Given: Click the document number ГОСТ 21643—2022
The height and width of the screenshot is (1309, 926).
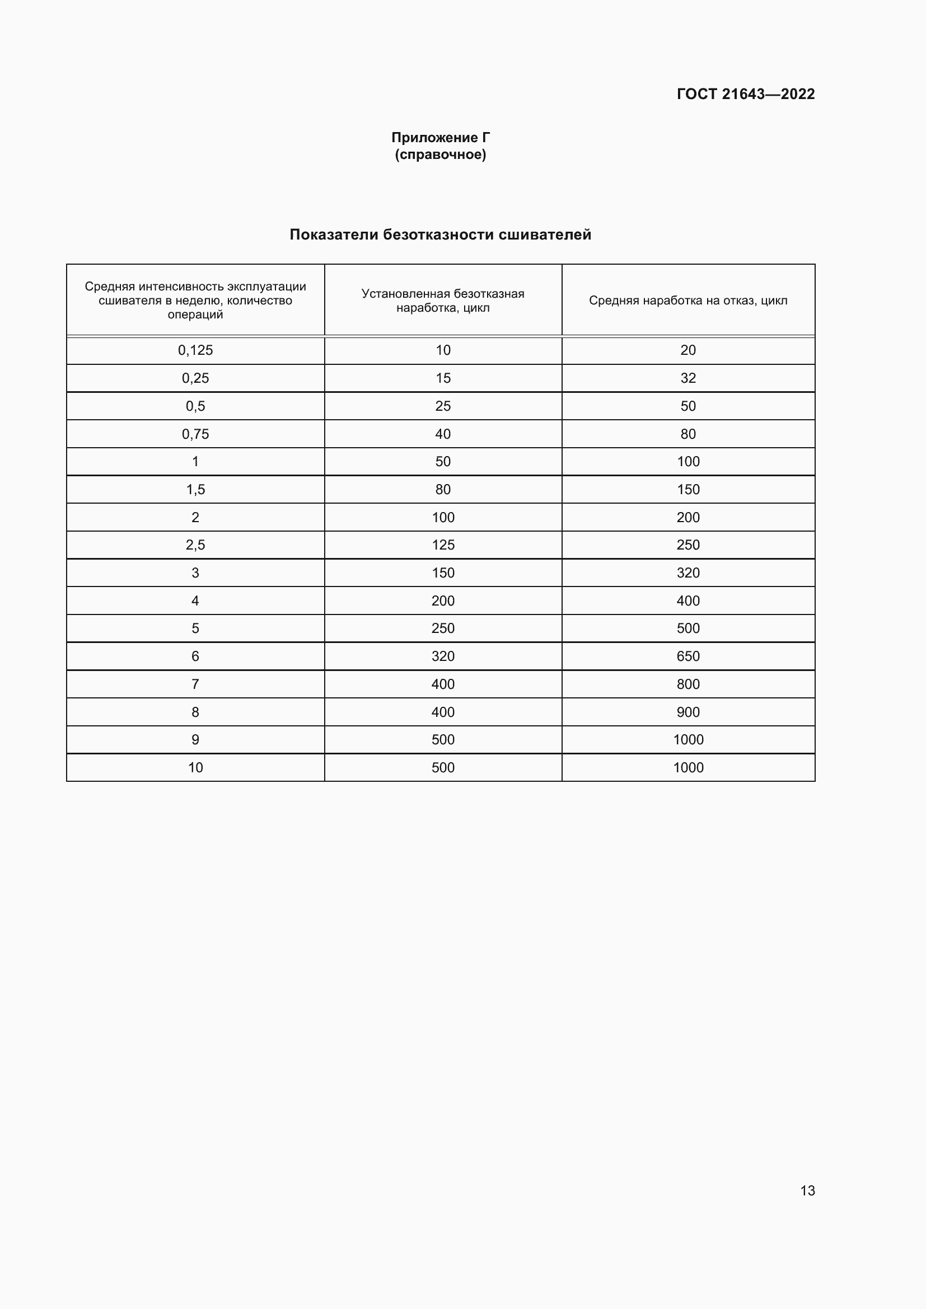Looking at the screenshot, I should pyautogui.click(x=745, y=94).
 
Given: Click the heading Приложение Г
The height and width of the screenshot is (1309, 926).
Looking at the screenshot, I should pyautogui.click(x=440, y=138).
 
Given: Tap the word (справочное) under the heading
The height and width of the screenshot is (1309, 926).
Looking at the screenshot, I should pyautogui.click(x=440, y=154).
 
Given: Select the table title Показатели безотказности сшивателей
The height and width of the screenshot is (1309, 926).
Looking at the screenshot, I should pyautogui.click(x=440, y=234).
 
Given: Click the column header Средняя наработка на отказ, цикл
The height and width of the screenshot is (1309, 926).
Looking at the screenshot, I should pyautogui.click(x=688, y=301).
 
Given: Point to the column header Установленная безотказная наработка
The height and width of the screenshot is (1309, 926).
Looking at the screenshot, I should pyautogui.click(x=442, y=301).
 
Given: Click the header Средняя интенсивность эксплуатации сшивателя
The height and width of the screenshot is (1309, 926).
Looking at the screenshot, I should pyautogui.click(x=195, y=301).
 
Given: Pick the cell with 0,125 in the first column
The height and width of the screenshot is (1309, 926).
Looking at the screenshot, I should pyautogui.click(x=195, y=350).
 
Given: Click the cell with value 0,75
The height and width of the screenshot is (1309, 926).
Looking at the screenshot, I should pyautogui.click(x=195, y=434).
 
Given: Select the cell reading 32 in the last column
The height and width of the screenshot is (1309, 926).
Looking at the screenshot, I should pyautogui.click(x=688, y=378).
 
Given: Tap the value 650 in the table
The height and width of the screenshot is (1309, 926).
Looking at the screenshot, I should pyautogui.click(x=688, y=656).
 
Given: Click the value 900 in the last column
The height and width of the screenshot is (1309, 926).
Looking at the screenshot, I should pyautogui.click(x=688, y=712).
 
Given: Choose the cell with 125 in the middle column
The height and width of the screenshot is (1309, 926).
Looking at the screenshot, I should pyautogui.click(x=442, y=545).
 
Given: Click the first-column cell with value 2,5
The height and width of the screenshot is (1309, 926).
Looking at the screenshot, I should pyautogui.click(x=195, y=545).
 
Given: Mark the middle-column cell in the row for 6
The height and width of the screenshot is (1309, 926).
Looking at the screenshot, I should pyautogui.click(x=442, y=656).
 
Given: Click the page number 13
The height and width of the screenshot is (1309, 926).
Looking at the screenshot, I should pyautogui.click(x=807, y=1190).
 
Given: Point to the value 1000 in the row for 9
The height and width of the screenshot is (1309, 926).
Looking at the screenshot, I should pyautogui.click(x=688, y=739).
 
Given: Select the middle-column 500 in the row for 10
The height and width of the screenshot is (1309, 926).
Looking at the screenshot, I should pyautogui.click(x=442, y=767).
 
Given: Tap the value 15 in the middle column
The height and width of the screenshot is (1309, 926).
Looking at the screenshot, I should pyautogui.click(x=442, y=378).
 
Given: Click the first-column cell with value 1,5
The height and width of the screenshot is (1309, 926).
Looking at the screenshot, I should pyautogui.click(x=195, y=489).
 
